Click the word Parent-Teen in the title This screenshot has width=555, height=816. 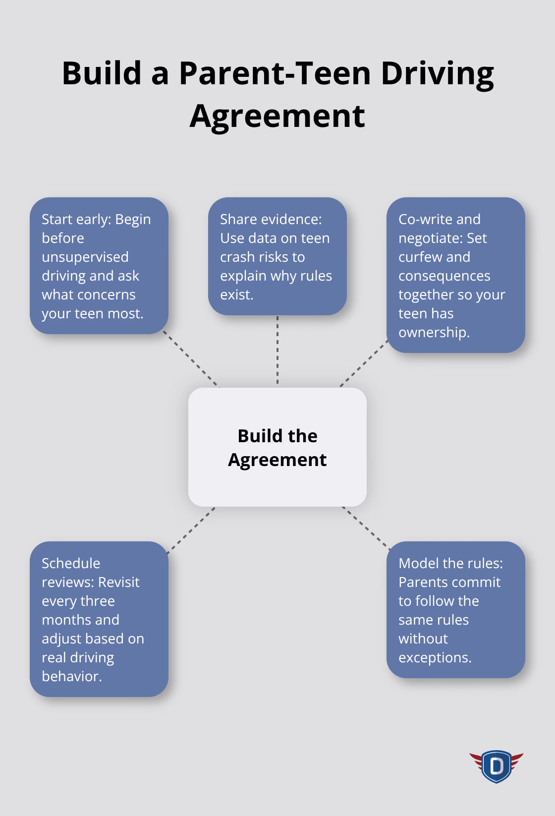(275, 73)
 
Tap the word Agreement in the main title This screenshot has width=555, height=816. (277, 116)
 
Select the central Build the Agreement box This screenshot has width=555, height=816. (277, 447)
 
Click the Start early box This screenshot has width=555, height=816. (99, 266)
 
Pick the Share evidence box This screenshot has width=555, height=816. (277, 256)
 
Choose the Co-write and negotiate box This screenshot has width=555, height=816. (455, 275)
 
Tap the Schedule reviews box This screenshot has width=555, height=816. (99, 619)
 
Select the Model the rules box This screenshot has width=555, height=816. (455, 610)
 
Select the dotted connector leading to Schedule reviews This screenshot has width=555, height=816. (191, 530)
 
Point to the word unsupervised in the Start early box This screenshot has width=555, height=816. (85, 257)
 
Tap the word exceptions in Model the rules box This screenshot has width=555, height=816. (434, 657)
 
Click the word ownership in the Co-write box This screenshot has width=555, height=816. (434, 332)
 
